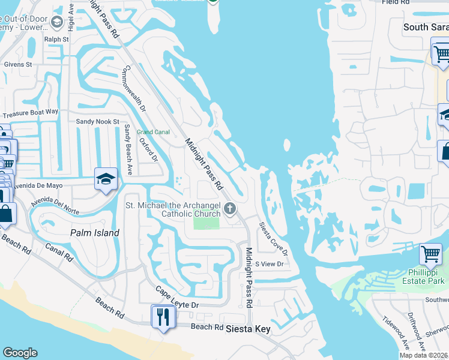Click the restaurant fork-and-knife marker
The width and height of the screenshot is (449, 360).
point(163,316)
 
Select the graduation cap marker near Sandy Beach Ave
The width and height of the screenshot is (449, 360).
point(106,179)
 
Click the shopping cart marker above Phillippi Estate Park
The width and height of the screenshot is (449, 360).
point(430,254)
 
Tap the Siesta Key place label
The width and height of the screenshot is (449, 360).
point(247,329)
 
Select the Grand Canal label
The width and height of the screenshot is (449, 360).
point(153,131)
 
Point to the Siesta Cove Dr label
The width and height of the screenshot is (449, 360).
point(273,239)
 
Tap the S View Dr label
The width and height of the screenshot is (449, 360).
point(269,263)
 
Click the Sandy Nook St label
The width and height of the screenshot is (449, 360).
point(98,121)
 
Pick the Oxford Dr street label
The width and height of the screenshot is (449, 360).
point(148,150)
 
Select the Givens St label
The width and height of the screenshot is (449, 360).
point(17,64)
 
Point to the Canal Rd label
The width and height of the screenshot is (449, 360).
point(59,252)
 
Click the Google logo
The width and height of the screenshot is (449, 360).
point(20,353)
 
